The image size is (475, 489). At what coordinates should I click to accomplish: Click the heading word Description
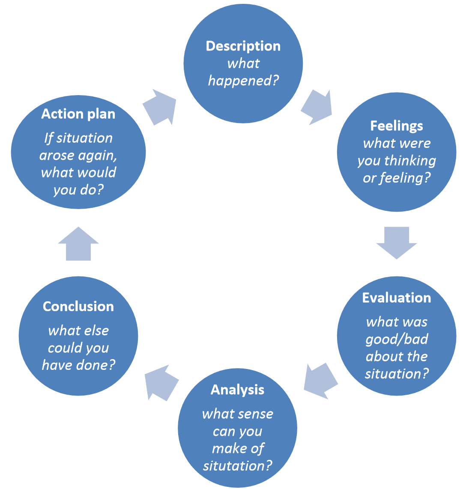(x=243, y=46)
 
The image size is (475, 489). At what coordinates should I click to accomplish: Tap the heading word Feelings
(x=396, y=126)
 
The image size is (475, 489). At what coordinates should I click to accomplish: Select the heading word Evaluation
(x=396, y=298)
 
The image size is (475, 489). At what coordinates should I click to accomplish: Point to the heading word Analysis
(x=237, y=390)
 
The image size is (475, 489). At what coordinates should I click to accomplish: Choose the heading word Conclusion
(x=78, y=306)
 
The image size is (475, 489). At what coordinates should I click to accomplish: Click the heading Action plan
(x=78, y=114)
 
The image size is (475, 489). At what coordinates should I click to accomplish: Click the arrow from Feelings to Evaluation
(x=397, y=243)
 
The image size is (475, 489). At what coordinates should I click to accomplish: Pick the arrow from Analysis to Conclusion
(x=161, y=381)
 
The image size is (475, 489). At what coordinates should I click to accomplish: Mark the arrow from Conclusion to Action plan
(x=78, y=244)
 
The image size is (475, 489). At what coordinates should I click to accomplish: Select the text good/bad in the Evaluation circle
(x=397, y=339)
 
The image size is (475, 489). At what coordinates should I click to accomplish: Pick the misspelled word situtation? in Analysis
(x=237, y=466)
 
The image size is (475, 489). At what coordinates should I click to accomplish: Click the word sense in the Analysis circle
(x=257, y=414)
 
